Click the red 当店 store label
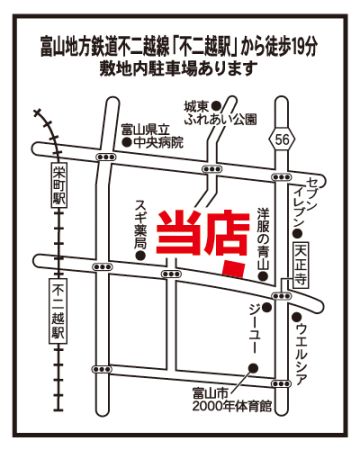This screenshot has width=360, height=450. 203,233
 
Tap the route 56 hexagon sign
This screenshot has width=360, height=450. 283,140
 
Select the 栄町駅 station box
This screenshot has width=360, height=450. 60,185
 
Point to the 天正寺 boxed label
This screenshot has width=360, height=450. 301,265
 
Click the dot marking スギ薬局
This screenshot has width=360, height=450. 140,256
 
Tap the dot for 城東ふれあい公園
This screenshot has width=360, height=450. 217,106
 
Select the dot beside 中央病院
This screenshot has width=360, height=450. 127,143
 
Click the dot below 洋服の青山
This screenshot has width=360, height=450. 263,276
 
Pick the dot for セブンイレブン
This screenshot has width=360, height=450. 297,233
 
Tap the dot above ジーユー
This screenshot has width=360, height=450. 266,307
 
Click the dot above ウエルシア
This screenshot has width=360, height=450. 296,317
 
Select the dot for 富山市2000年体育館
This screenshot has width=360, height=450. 253,368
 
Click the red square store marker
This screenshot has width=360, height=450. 234,270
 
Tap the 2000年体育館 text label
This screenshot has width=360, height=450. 232,407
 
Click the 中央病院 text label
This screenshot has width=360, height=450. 158,143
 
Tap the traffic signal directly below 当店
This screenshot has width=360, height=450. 171,274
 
